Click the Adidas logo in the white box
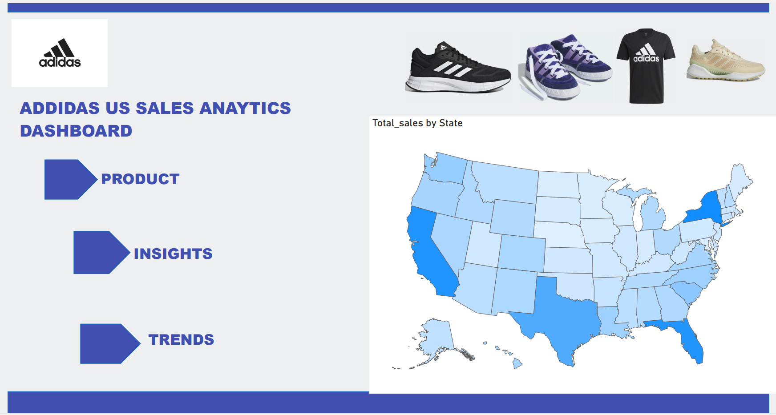(x=60, y=53)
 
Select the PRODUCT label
(x=140, y=179)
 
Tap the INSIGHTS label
(x=173, y=254)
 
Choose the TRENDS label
(x=181, y=339)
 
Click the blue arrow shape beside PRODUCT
(x=71, y=179)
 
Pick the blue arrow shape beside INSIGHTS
(x=101, y=252)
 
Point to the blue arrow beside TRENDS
(x=110, y=343)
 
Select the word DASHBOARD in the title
(x=76, y=131)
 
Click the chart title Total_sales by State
(x=417, y=123)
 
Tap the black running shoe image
(x=458, y=68)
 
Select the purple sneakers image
(x=565, y=67)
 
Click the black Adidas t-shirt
(x=646, y=66)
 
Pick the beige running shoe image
(x=726, y=60)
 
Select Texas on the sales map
(x=561, y=316)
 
